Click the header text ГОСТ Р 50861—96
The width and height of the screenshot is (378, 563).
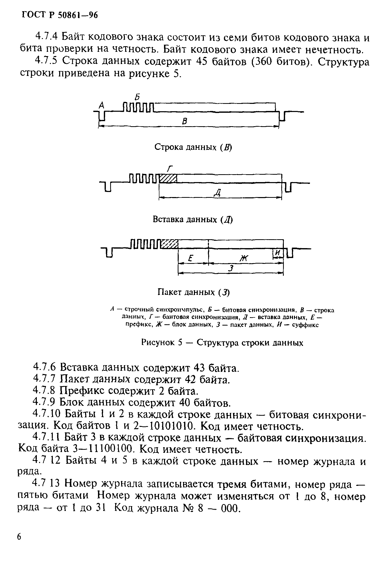[60, 15]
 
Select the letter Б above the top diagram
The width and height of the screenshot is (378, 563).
[137, 97]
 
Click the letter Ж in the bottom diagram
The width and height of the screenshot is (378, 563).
[244, 259]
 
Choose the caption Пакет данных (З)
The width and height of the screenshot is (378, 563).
[193, 292]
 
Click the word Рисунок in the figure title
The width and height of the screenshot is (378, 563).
[158, 343]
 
